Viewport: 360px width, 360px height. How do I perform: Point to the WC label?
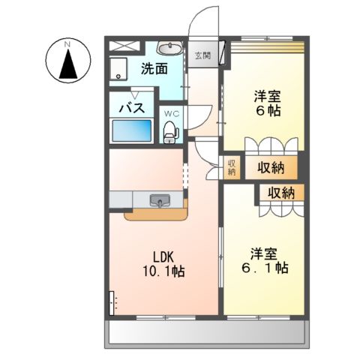171,114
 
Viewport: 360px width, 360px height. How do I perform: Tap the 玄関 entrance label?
202,55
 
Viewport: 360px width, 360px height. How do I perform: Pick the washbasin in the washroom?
172,48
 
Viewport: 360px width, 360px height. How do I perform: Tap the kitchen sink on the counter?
160,201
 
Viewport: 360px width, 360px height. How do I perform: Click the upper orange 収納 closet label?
272,167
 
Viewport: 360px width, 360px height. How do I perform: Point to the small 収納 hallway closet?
231,167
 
